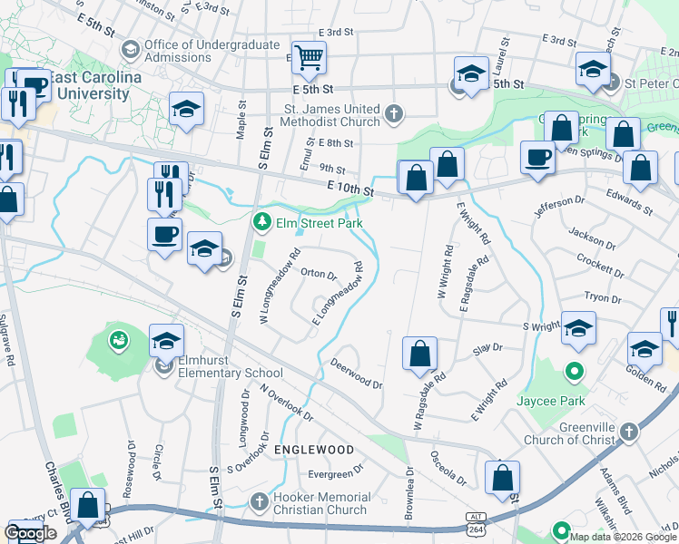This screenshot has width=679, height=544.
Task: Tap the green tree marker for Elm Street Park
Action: (262, 220)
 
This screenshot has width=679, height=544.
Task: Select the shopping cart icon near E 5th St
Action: (310, 58)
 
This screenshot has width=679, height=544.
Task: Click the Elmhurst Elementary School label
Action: (231, 372)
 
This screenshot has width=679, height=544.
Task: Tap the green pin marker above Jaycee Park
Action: (574, 371)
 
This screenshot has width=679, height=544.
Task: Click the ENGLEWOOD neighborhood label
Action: (312, 450)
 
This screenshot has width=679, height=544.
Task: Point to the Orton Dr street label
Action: (319, 273)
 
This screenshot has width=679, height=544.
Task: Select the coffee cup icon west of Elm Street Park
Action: (164, 235)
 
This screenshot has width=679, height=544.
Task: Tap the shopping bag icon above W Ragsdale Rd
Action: (419, 354)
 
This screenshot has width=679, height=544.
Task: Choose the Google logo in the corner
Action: (30, 533)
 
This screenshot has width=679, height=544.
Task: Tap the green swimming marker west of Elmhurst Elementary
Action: (118, 341)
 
